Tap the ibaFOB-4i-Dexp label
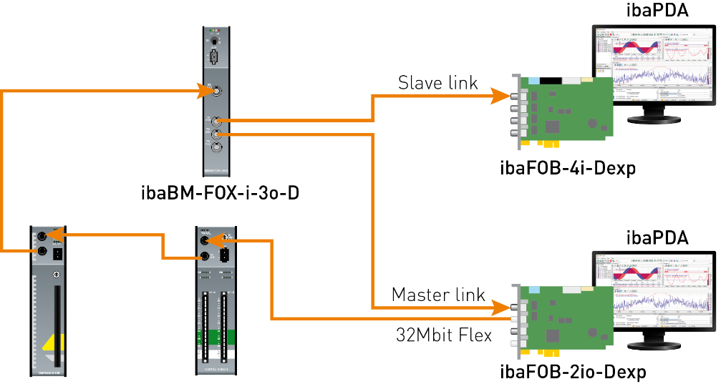click(568, 169)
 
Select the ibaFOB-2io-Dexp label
click(573, 372)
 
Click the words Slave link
click(437, 84)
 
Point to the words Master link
click(438, 295)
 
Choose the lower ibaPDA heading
click(657, 237)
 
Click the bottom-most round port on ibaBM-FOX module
click(216, 149)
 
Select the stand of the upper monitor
click(654, 114)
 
